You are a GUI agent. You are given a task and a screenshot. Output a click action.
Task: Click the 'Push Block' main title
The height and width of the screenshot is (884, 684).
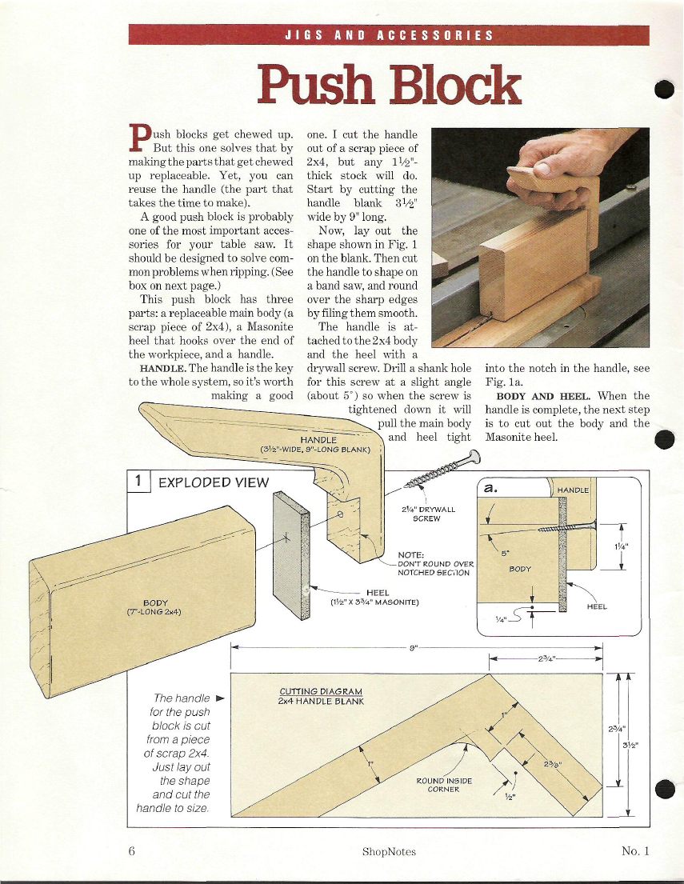pyautogui.click(x=389, y=85)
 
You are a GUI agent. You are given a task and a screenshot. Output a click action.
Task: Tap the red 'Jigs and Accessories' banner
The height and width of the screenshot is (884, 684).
pyautogui.click(x=389, y=35)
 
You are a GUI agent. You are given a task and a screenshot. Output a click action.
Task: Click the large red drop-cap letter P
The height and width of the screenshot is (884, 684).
pyautogui.click(x=140, y=138)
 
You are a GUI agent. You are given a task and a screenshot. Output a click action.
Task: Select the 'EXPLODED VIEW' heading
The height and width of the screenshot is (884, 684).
pyautogui.click(x=214, y=482)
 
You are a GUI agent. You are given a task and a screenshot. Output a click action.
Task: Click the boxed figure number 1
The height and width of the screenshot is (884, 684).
pyautogui.click(x=138, y=482)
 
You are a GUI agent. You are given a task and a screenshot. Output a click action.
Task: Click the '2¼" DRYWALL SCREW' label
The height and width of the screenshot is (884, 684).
pyautogui.click(x=428, y=514)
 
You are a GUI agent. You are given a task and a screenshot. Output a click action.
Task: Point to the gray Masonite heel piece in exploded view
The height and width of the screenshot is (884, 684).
pyautogui.click(x=291, y=555)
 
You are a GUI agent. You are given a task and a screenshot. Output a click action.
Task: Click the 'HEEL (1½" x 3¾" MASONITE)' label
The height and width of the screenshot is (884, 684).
pyautogui.click(x=375, y=598)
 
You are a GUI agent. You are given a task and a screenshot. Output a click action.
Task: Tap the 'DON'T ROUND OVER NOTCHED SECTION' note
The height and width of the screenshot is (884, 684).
pyautogui.click(x=435, y=564)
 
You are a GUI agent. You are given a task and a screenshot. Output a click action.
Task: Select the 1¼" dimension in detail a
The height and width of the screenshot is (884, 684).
pyautogui.click(x=621, y=546)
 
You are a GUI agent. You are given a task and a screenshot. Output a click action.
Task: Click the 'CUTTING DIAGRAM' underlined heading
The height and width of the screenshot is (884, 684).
pyautogui.click(x=321, y=691)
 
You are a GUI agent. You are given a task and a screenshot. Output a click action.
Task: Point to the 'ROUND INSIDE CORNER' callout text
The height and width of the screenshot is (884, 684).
pyautogui.click(x=444, y=785)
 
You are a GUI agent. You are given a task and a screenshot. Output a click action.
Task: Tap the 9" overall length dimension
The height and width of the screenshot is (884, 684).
pyautogui.click(x=414, y=648)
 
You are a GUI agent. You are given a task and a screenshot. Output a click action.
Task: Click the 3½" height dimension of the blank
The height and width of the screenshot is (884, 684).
pyautogui.click(x=630, y=745)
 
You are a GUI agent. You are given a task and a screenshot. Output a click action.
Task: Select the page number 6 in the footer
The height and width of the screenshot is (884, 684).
pyautogui.click(x=132, y=850)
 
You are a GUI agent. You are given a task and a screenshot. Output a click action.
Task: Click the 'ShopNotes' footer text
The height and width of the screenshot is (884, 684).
pyautogui.click(x=389, y=851)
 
